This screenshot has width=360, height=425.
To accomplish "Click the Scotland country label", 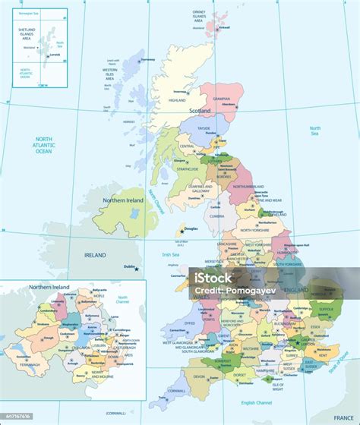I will [200, 111].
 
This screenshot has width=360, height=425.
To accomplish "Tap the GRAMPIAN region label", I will [221, 98].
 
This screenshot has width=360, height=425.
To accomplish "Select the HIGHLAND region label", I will [177, 100].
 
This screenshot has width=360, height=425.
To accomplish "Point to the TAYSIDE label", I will [205, 129].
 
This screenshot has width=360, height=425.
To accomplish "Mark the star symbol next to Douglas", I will [181, 231].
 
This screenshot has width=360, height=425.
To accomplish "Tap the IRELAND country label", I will [95, 255].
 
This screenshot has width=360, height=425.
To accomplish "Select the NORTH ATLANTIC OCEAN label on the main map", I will [43, 145].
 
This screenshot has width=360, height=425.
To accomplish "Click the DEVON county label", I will [200, 376].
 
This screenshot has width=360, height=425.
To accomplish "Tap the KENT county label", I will [323, 355].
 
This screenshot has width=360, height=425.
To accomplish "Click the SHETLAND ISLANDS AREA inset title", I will [27, 33].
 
